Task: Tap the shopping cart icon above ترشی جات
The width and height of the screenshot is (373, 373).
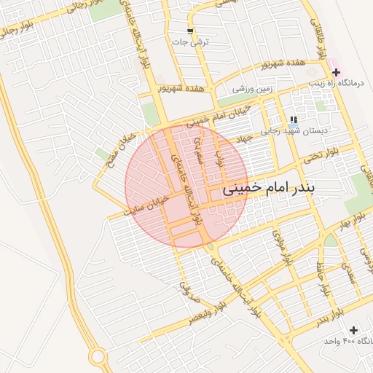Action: point(190,31)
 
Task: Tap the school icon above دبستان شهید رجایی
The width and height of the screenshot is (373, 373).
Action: point(293,119)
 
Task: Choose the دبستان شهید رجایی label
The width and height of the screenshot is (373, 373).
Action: point(293,130)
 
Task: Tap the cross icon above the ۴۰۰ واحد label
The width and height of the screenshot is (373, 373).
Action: point(353,331)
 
